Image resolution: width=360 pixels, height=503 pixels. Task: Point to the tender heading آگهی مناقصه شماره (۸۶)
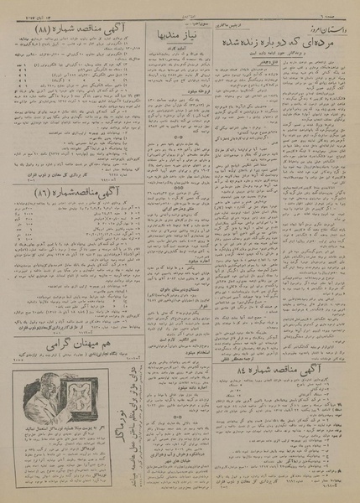pos(64,191)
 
